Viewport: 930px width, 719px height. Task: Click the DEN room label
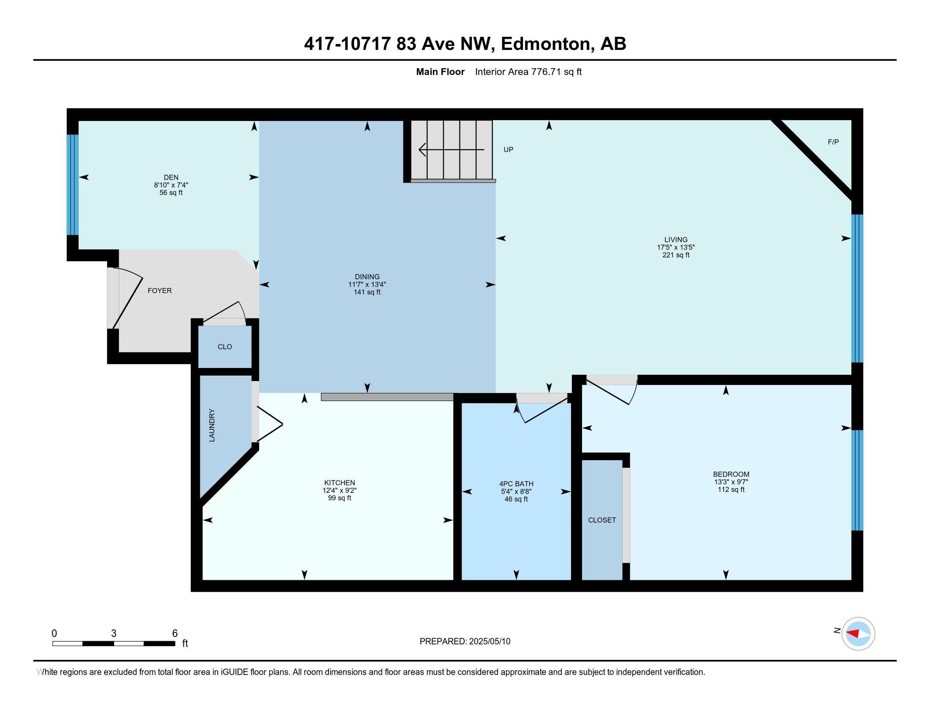click(171, 177)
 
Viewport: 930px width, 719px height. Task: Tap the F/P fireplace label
click(833, 142)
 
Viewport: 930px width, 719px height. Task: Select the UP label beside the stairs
click(508, 149)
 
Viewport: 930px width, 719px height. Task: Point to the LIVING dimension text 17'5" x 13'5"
click(676, 247)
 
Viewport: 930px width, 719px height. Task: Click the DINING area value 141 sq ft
click(367, 292)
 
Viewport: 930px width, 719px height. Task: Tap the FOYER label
click(160, 291)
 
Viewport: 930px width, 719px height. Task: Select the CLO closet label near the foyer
click(225, 347)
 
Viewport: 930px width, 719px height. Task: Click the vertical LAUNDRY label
click(212, 425)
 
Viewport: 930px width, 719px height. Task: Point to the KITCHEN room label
click(339, 483)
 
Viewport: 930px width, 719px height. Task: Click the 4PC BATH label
click(516, 484)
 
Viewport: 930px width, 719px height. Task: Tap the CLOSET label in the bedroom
click(602, 520)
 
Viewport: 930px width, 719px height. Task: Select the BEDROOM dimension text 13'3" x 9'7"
click(731, 482)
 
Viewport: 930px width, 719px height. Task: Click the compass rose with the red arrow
click(858, 634)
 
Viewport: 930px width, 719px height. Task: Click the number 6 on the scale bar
click(175, 634)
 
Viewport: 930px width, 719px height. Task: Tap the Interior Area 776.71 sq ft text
click(528, 72)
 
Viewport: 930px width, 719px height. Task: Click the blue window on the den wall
click(73, 185)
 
